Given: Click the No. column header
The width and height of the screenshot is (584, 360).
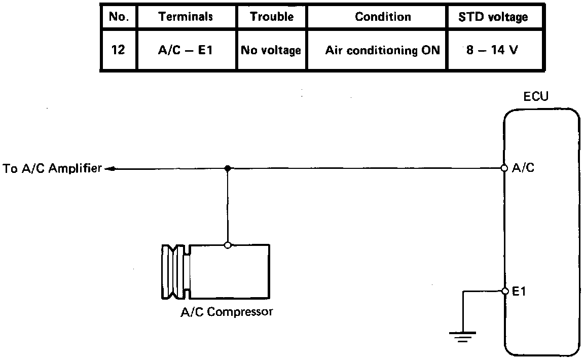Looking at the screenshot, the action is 119,17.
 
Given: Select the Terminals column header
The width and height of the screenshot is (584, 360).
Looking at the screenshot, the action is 186,17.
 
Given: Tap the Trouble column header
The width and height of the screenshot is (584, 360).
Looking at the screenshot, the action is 272,17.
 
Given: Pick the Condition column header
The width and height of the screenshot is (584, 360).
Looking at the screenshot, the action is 383,17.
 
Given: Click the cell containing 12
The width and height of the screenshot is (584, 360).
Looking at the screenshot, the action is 118,50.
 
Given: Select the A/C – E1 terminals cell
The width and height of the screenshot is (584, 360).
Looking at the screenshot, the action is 185,50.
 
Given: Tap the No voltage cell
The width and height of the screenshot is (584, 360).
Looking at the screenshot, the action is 271,50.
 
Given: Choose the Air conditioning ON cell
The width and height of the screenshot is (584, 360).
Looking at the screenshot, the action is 383,50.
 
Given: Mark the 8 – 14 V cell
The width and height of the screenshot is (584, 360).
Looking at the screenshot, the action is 492,50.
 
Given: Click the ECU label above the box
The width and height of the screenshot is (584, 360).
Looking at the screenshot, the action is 536,96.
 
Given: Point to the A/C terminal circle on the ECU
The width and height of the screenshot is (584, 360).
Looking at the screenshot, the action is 504,168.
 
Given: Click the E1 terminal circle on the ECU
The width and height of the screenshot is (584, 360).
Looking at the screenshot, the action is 505,291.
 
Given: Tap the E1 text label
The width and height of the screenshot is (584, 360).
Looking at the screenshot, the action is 519,291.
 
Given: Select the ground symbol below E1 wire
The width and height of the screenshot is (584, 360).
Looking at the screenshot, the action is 462,337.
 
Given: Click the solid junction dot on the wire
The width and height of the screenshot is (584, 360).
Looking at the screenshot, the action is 228,168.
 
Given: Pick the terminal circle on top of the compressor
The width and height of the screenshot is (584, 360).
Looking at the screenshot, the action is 228,245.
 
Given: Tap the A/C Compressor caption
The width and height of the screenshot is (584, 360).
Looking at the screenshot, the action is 227,311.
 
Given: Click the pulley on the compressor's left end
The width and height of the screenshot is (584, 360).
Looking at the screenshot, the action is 175,272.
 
